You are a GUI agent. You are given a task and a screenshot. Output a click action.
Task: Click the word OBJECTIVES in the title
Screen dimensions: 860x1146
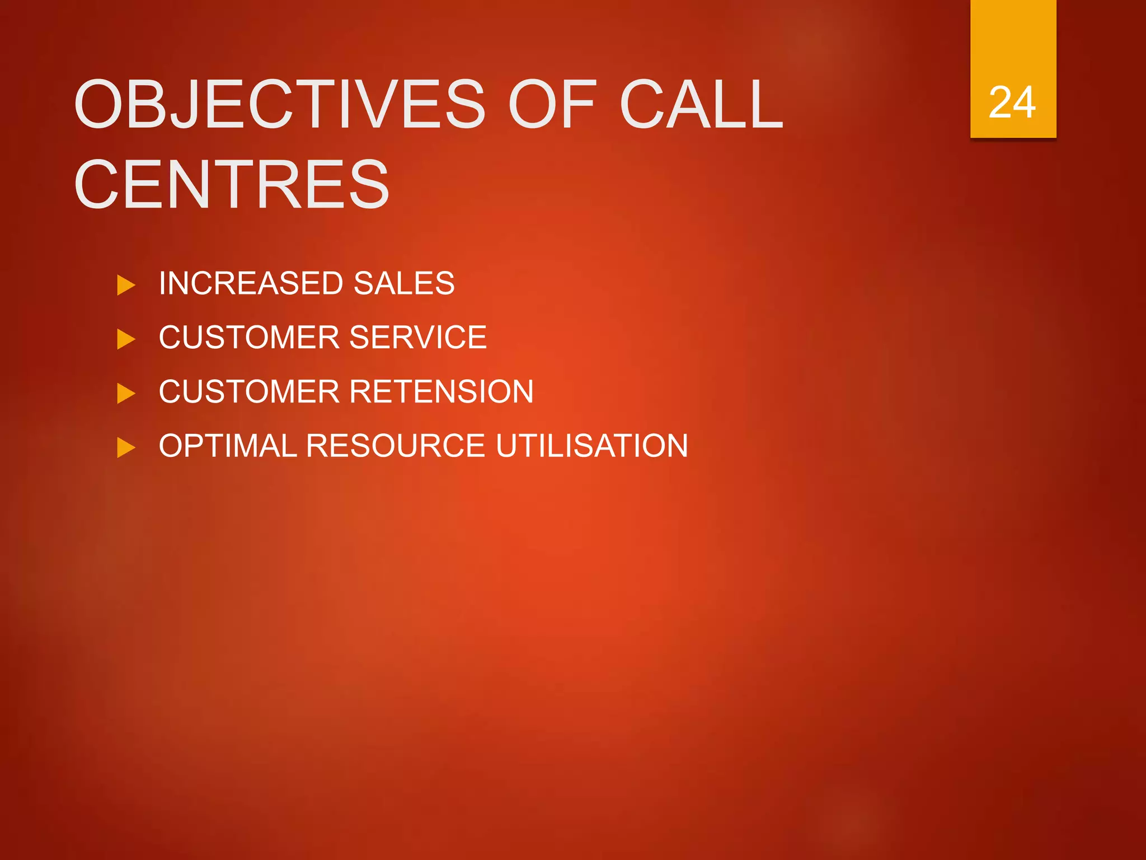[x=279, y=104]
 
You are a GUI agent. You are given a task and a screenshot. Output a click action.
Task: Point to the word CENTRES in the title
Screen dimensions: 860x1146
[x=231, y=185]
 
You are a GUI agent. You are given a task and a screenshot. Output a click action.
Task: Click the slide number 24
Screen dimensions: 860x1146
[x=1012, y=103]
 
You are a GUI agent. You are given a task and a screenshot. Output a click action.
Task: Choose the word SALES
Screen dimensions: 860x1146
[x=404, y=283]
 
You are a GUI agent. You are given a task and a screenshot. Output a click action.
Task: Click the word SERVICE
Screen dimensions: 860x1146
[x=418, y=337]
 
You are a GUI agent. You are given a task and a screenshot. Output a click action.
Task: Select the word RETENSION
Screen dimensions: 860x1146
[x=442, y=391]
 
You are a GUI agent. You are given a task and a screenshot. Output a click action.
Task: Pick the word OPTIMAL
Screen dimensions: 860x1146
[x=228, y=446]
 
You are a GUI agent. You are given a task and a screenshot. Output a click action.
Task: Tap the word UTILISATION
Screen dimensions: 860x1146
[x=591, y=446]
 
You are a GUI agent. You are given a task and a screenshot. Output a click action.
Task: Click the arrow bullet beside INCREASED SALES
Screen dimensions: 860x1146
[x=126, y=285]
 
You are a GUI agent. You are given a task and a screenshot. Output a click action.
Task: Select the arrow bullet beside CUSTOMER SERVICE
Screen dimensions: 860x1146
[x=126, y=339]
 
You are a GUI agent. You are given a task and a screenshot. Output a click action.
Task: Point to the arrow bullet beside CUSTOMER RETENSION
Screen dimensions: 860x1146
[x=126, y=394]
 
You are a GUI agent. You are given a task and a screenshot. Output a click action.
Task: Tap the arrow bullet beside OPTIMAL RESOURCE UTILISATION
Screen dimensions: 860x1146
[x=126, y=448]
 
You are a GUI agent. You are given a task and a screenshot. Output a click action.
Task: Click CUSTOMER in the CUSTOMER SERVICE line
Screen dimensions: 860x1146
[x=249, y=337]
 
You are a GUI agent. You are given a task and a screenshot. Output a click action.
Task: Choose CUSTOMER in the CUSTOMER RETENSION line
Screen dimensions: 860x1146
[x=249, y=391]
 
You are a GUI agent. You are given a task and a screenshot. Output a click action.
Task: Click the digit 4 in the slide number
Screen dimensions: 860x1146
[x=1024, y=103]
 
